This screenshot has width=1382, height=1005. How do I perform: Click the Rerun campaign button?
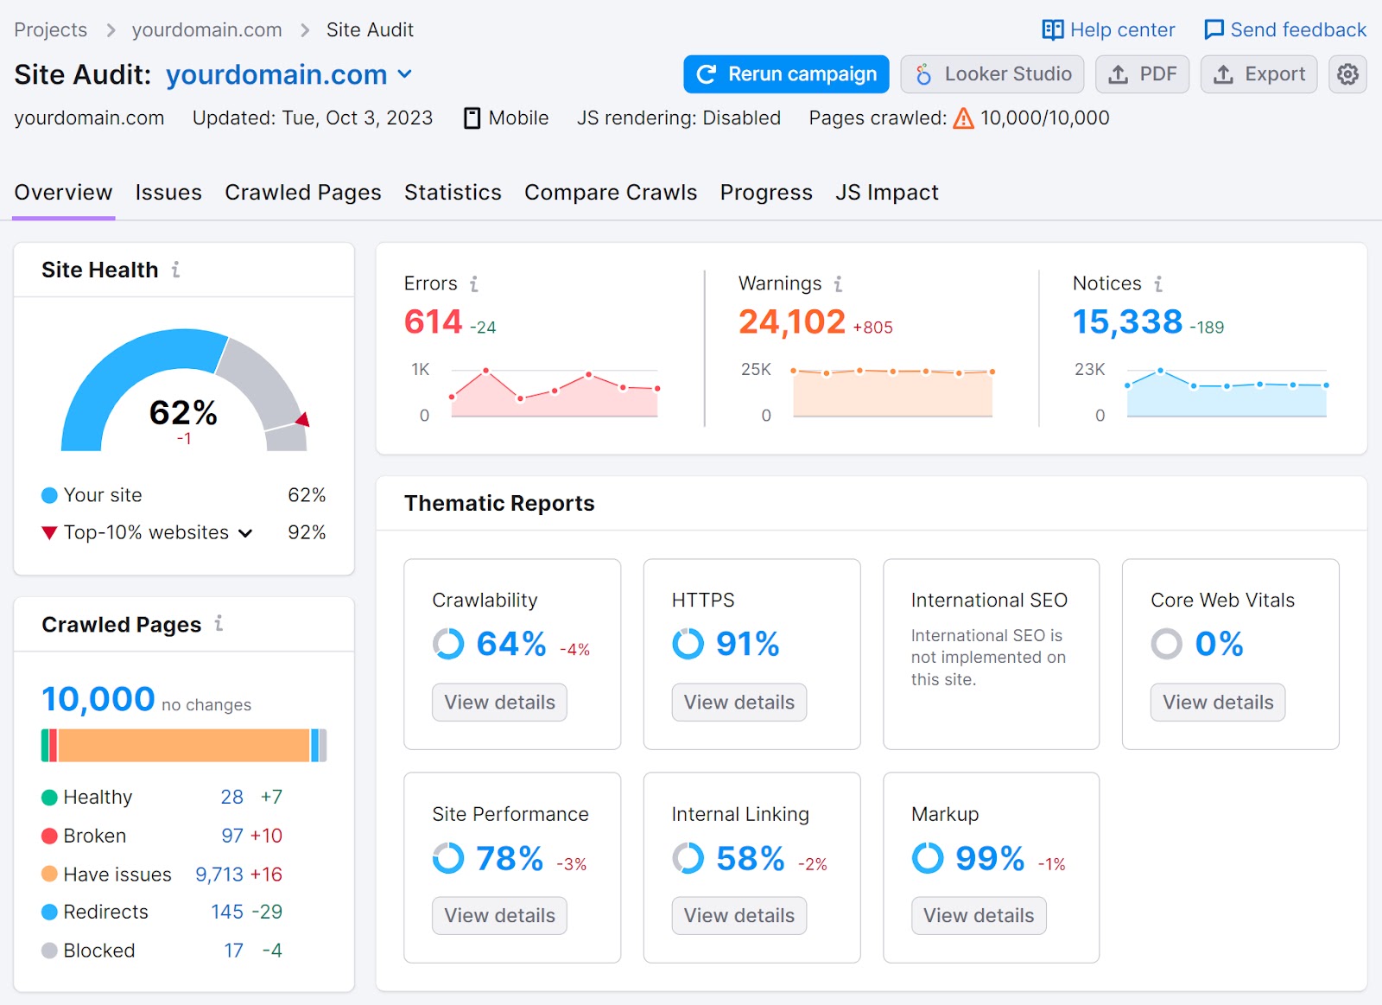pos(786,74)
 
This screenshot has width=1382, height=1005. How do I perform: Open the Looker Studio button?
pos(993,74)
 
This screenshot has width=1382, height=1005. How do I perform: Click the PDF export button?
pos(1142,74)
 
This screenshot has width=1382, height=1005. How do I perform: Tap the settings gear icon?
pos(1347,74)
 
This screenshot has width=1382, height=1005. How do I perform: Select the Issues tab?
pos(168,192)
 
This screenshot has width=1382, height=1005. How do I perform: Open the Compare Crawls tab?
pos(610,192)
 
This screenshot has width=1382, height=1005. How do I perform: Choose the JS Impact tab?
pos(886,192)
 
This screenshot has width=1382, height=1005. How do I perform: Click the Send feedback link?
pos(1285,30)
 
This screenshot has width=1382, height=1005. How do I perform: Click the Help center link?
pos(1108,30)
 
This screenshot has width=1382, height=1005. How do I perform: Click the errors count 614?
pos(434,321)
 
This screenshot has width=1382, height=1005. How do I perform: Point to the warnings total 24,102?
pos(791,321)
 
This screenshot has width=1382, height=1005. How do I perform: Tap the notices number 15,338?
pos(1127,321)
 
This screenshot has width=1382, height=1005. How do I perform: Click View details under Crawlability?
pos(499,702)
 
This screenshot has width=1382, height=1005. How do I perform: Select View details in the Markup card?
pos(978,915)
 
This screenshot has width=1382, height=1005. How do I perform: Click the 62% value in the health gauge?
pos(183,412)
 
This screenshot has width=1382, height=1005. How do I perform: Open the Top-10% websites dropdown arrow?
pos(245,533)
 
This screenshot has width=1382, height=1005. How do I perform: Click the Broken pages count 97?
pos(232,836)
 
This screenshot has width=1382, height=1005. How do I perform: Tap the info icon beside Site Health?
pos(175,270)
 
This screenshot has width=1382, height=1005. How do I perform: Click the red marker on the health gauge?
pos(303,420)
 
